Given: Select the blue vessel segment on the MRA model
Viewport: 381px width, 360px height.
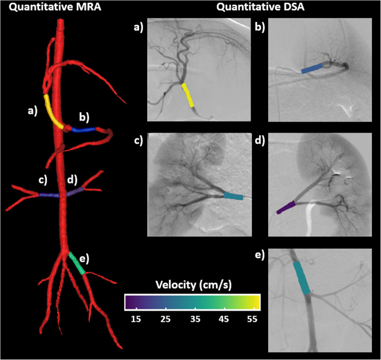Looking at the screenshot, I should pyautogui.click(x=85, y=129).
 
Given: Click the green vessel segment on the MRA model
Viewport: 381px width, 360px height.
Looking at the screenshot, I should pyautogui.click(x=76, y=264).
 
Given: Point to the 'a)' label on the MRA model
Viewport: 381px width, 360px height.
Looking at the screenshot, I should pyautogui.click(x=33, y=111).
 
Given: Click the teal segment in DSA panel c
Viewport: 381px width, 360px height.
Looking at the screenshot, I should pyautogui.click(x=233, y=197).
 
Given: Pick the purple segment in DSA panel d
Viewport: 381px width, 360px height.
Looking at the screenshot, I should pyautogui.click(x=285, y=207).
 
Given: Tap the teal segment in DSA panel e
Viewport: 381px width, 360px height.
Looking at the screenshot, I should pyautogui.click(x=302, y=277).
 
